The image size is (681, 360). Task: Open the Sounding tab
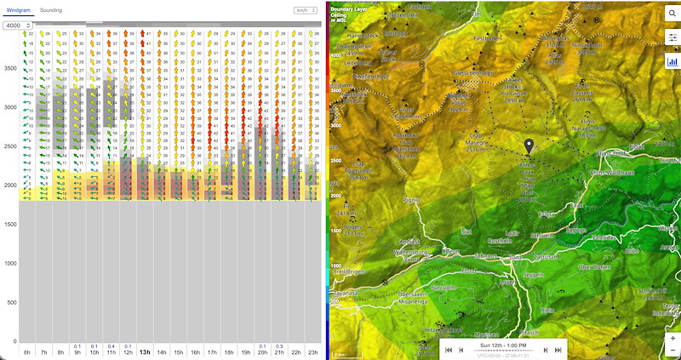click(x=51, y=10)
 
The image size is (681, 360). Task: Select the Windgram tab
click(x=19, y=10)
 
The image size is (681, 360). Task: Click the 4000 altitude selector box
click(x=14, y=26)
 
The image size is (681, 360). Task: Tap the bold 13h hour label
click(x=145, y=351)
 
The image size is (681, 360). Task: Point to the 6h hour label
click(x=27, y=351)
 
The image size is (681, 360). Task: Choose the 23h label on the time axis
click(x=313, y=351)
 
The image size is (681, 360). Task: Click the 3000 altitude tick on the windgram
click(x=9, y=107)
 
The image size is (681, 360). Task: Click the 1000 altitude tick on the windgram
click(x=9, y=263)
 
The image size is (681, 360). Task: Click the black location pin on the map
click(x=529, y=147)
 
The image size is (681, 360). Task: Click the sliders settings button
click(x=672, y=37)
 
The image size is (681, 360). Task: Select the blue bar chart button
click(x=672, y=61)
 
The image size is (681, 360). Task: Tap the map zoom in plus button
click(x=672, y=338)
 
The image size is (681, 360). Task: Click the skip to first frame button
click(x=449, y=350)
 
